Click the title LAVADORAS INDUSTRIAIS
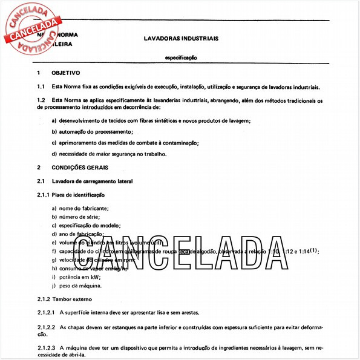[x=181, y=38]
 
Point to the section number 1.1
[x=41, y=87]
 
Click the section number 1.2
[x=41, y=99]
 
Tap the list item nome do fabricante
[x=79, y=208]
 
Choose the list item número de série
[x=76, y=217]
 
